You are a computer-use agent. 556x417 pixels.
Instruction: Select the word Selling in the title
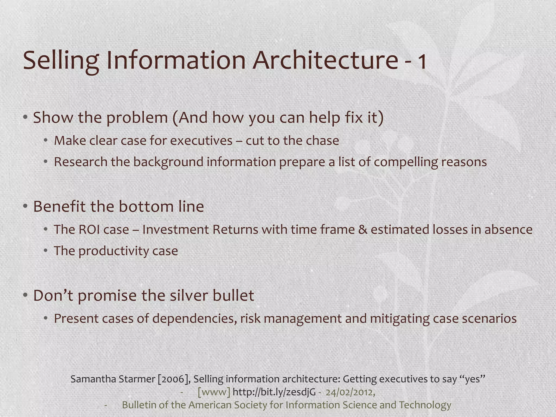coord(61,60)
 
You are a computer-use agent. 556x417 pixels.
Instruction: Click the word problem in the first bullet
coord(137,118)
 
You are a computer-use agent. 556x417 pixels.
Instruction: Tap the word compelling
coord(406,162)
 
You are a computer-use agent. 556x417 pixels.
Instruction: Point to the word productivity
coord(113,251)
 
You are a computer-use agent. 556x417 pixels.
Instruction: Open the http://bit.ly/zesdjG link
coord(274,392)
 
